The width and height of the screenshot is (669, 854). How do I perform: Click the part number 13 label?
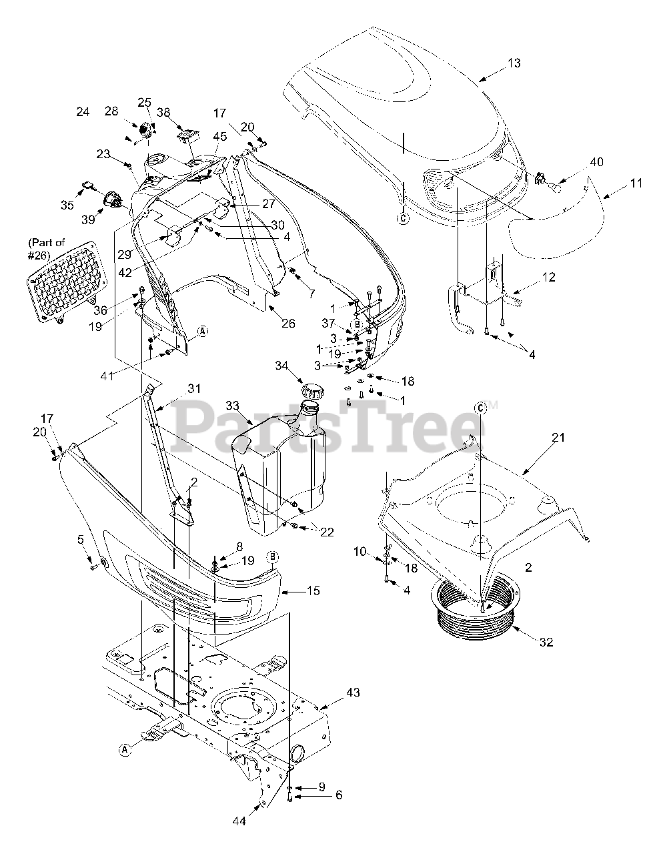point(514,63)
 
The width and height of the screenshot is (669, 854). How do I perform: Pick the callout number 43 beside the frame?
point(353,693)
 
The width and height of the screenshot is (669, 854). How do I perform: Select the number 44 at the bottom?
point(239,821)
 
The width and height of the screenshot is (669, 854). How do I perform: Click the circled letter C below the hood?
point(404,217)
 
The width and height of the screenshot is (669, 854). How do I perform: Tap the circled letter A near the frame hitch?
point(124,750)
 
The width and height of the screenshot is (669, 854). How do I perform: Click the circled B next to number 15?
point(273,556)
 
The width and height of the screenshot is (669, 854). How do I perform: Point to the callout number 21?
point(558,438)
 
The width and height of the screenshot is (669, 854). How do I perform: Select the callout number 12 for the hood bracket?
point(548,276)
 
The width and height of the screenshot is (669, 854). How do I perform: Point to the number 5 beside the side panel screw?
point(81,538)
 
